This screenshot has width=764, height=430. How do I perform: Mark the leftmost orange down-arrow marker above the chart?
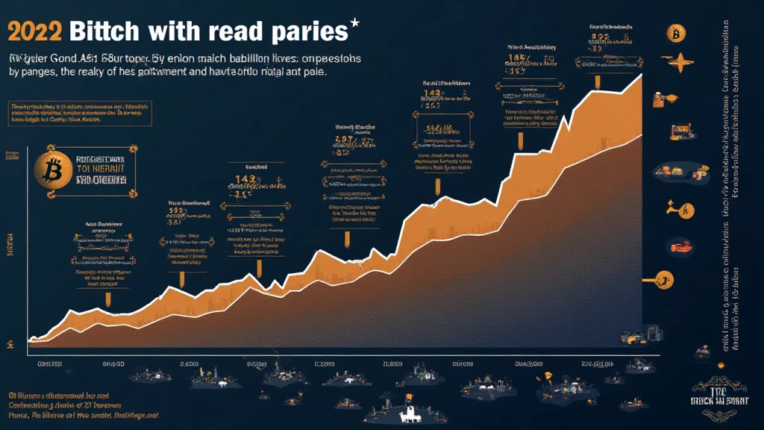(x=109, y=299)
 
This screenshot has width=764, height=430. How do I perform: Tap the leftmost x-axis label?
(x=48, y=364)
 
